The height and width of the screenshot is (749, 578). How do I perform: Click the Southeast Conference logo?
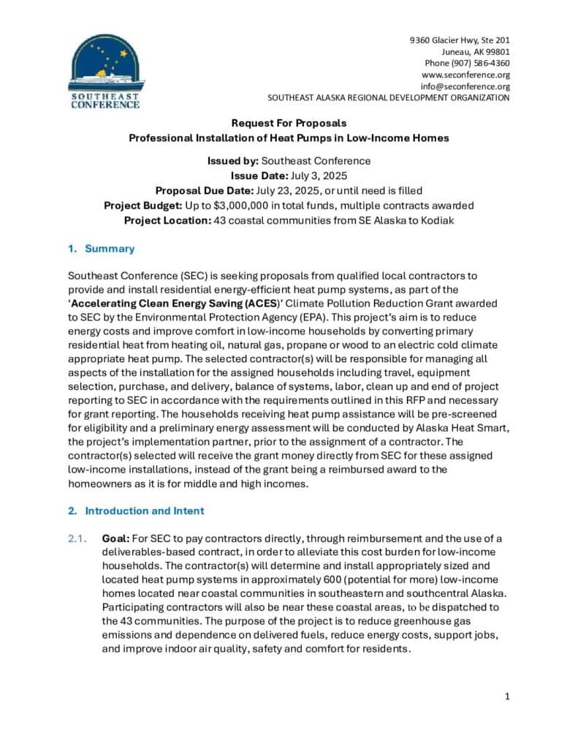pyautogui.click(x=104, y=72)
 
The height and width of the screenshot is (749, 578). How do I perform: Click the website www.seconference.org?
pyautogui.click(x=465, y=75)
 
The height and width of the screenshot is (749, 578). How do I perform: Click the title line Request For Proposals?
pyautogui.click(x=289, y=123)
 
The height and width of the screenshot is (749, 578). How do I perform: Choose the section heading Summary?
pyautogui.click(x=110, y=249)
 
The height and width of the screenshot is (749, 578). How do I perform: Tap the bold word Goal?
pyautogui.click(x=115, y=538)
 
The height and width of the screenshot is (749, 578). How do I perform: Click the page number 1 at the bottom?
pyautogui.click(x=507, y=696)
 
